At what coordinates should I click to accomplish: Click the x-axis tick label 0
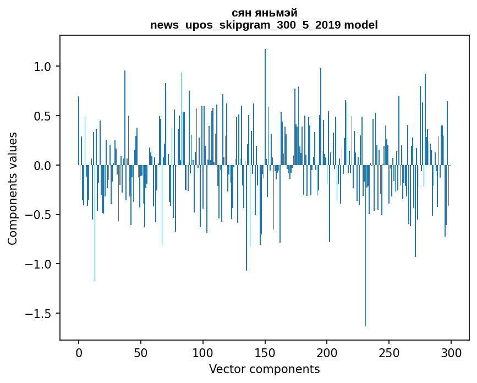[79, 352]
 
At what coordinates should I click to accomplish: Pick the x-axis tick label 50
[141, 352]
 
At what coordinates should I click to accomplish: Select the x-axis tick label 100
[203, 352]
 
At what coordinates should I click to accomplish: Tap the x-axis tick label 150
[265, 352]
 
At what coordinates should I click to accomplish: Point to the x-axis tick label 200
[327, 352]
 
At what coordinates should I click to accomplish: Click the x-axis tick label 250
[389, 352]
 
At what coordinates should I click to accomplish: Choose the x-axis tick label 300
[451, 352]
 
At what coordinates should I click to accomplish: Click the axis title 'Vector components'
[264, 369]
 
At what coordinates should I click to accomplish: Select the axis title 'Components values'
[13, 188]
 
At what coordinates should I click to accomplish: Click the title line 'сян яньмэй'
[264, 13]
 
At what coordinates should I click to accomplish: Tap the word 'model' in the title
[361, 25]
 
